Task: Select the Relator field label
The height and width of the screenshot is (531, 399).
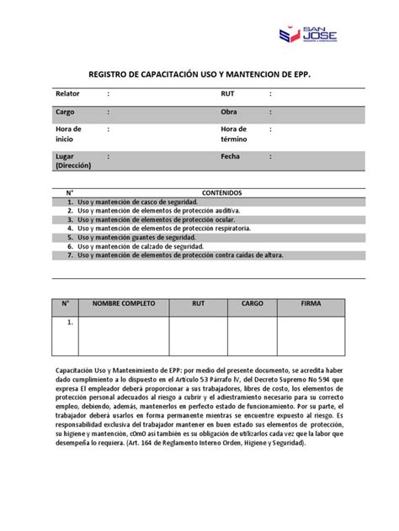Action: tap(68, 93)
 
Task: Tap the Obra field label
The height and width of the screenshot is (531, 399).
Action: tap(229, 112)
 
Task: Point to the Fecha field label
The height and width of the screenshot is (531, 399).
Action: tap(231, 156)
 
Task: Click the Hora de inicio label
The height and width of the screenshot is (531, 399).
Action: tap(69, 134)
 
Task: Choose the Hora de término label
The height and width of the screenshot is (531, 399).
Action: tap(234, 134)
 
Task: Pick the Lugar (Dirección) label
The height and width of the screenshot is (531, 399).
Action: tap(74, 160)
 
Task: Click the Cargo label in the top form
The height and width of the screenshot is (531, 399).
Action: tap(66, 112)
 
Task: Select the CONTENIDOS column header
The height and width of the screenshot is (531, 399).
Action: tap(221, 192)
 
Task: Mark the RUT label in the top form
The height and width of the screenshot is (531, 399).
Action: tap(227, 93)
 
